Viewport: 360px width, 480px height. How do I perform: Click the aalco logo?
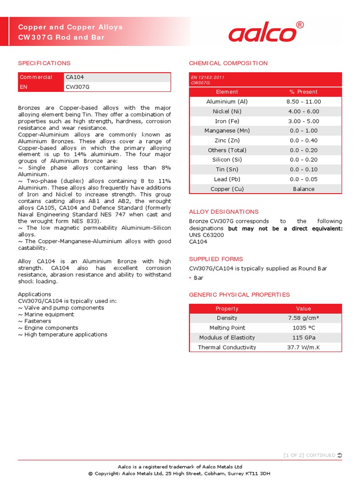click(x=262, y=33)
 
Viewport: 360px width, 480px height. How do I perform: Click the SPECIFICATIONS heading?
click(x=44, y=63)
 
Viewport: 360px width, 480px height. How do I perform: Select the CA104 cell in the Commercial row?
click(x=75, y=77)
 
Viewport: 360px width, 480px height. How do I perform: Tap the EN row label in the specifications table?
click(x=23, y=87)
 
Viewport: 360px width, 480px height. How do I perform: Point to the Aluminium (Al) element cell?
click(x=227, y=102)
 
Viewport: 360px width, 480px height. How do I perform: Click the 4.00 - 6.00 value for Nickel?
click(x=303, y=112)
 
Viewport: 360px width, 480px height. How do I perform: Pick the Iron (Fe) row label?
click(x=227, y=121)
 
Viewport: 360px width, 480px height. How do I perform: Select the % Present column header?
click(x=303, y=92)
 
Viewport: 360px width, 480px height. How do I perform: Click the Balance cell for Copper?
click(x=303, y=189)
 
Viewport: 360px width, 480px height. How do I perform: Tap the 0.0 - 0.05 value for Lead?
click(x=303, y=180)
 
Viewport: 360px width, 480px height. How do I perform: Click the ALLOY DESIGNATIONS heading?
click(x=224, y=212)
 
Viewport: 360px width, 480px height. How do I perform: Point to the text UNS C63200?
click(x=206, y=235)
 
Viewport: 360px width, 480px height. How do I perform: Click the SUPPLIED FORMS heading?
click(x=216, y=259)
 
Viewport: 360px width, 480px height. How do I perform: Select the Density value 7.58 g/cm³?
click(x=303, y=318)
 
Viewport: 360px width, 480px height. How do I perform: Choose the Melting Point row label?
click(x=227, y=328)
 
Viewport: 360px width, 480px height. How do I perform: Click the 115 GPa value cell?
click(x=303, y=337)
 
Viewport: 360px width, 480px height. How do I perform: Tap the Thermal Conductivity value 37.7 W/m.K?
click(x=303, y=347)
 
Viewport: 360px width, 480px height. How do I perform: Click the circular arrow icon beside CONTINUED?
click(x=339, y=455)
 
